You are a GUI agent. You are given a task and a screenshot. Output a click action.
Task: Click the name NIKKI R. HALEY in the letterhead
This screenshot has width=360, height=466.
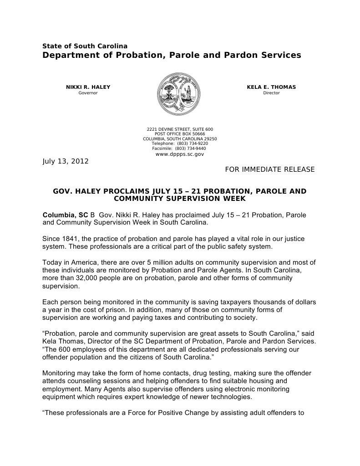[x=88, y=87]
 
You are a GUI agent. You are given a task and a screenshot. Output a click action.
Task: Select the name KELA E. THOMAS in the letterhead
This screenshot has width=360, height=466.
[x=271, y=87]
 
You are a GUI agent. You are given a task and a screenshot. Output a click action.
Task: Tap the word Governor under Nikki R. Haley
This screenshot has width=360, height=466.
[x=88, y=93]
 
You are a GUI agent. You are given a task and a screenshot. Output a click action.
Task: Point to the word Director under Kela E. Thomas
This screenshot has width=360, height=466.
[x=271, y=93]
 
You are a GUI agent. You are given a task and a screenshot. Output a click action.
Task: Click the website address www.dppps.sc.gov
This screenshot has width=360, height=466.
[x=180, y=154]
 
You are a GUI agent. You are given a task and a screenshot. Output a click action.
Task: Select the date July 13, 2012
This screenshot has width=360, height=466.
[x=66, y=161]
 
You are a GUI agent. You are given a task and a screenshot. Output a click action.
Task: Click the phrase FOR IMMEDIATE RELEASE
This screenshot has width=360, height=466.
[x=270, y=169]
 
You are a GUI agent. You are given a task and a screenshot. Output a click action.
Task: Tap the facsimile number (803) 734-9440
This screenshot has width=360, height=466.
[x=190, y=149]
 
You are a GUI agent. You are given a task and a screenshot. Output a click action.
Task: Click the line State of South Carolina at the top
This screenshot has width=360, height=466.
[x=85, y=46]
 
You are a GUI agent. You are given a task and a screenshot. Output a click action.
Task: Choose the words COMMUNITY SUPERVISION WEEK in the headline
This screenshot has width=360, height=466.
[x=180, y=199]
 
